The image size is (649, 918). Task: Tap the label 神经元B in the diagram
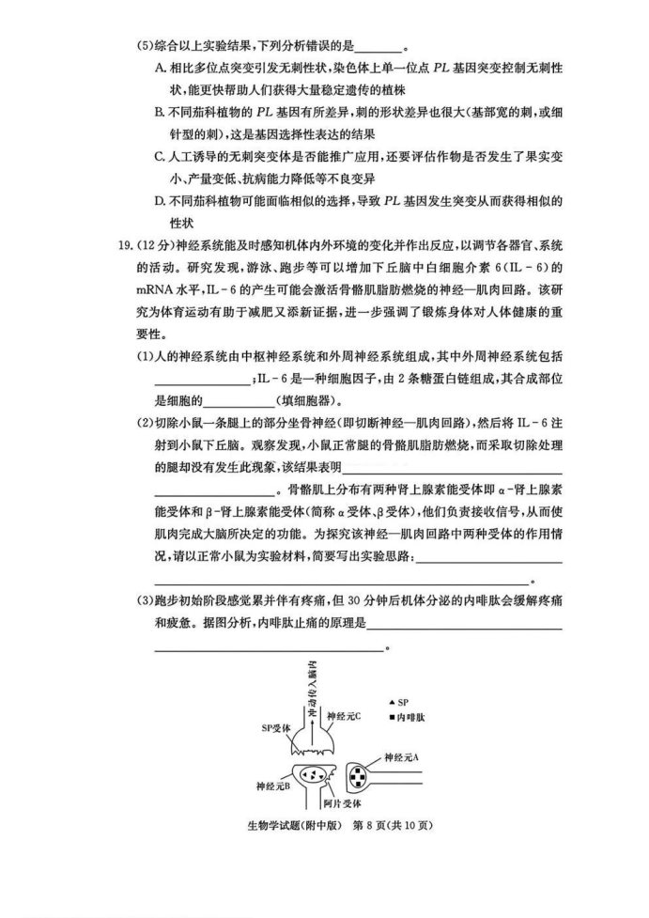272,785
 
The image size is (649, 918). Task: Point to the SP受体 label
277,726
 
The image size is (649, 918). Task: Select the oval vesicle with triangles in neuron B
311,773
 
